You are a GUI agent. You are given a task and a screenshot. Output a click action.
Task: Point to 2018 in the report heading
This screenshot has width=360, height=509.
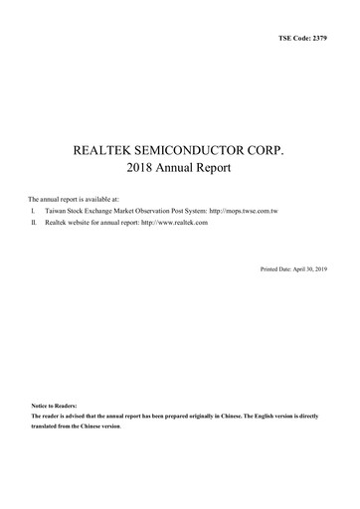point(143,170)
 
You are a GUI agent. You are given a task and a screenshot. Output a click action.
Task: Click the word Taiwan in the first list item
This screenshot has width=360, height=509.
point(57,212)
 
